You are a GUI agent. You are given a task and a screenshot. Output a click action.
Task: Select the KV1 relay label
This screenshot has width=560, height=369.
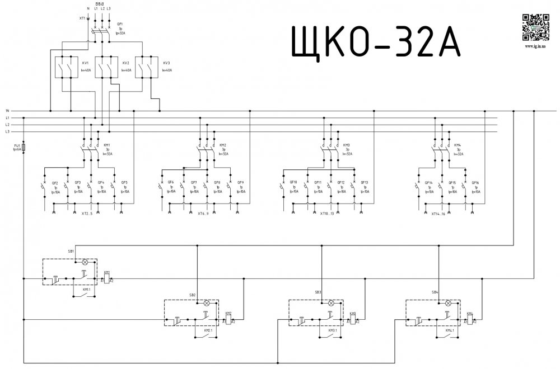(86, 63)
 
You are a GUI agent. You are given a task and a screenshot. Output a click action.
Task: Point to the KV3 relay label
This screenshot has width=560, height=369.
(166, 63)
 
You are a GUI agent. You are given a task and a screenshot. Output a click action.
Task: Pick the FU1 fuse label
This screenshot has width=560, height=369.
(16, 145)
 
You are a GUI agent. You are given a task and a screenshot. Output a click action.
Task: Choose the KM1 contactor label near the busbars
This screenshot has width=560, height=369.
(106, 144)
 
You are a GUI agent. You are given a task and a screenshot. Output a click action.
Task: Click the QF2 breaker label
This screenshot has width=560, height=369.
(55, 183)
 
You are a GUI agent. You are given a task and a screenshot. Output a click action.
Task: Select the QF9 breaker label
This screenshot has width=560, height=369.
(240, 183)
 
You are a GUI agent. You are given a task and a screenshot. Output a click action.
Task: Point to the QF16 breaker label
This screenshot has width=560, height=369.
(475, 183)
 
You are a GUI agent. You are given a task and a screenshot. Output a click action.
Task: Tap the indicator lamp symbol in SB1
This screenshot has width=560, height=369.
(85, 261)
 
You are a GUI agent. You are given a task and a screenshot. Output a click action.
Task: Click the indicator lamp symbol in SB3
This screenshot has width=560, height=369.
(330, 302)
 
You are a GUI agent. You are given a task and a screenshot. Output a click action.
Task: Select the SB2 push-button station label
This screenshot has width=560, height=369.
(193, 294)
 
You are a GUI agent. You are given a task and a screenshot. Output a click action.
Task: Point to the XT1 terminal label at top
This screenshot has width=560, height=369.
(82, 18)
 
